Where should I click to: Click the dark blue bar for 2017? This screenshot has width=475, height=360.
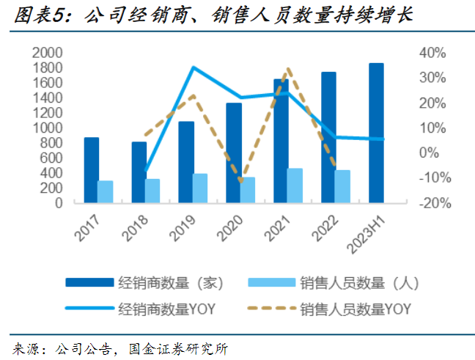[x=91, y=169]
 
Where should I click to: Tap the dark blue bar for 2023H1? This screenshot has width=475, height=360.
[x=375, y=133]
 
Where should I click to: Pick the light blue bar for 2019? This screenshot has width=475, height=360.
[x=200, y=188]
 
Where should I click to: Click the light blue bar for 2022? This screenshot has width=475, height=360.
[x=342, y=186]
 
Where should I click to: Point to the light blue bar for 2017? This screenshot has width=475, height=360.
[x=106, y=191]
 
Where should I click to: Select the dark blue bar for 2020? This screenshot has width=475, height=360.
[x=233, y=153]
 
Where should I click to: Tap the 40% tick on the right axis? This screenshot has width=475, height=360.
[x=432, y=53]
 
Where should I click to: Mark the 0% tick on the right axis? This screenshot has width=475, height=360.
[x=435, y=153]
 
